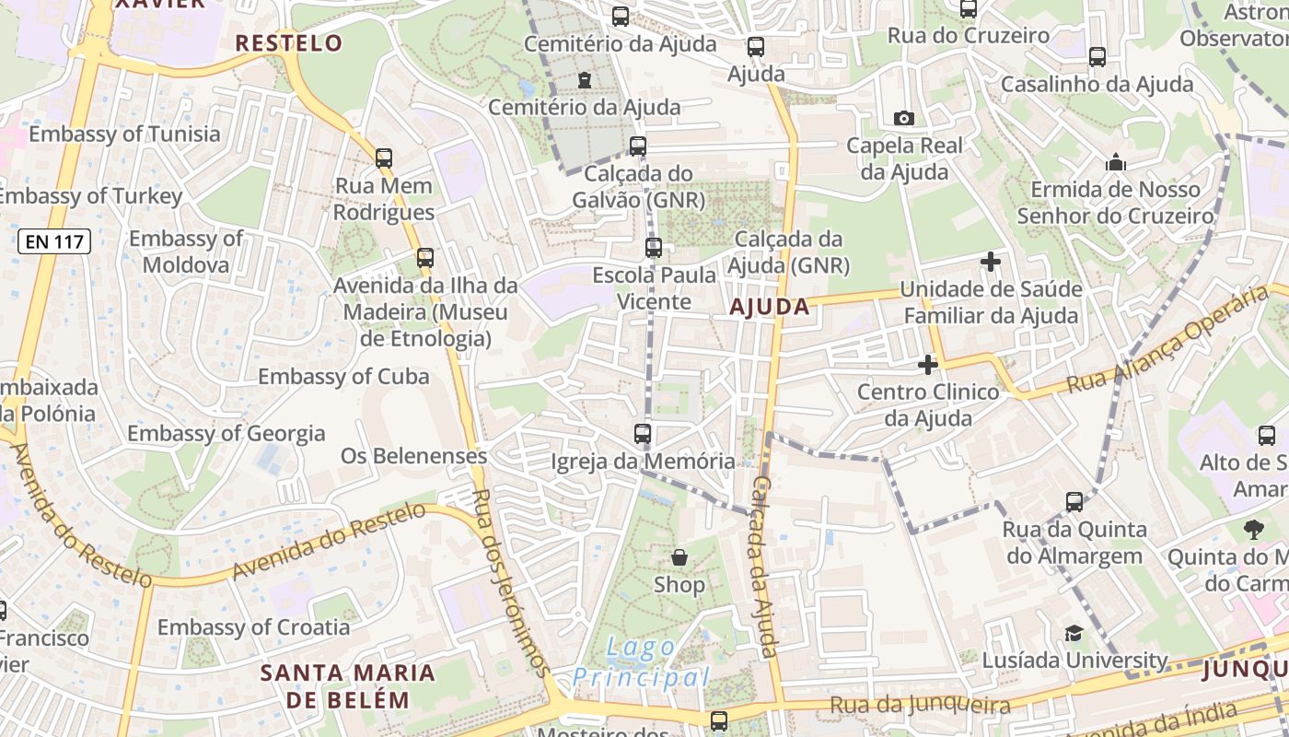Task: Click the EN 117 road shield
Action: (53, 242)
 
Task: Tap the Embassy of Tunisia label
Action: (124, 135)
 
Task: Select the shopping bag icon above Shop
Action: (679, 557)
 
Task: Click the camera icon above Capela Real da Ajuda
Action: (904, 118)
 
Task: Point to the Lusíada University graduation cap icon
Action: (1074, 633)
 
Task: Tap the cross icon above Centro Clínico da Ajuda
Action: (928, 365)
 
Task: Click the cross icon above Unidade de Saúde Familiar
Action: (991, 262)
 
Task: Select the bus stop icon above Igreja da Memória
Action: (643, 433)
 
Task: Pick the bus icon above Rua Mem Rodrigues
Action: (384, 158)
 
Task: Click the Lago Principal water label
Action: (642, 663)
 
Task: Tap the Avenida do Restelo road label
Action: (329, 542)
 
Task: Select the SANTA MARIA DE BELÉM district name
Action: (347, 685)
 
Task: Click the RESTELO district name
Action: (288, 43)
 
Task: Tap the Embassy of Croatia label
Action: (253, 627)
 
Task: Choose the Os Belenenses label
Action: (413, 456)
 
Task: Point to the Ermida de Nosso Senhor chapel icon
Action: (1116, 163)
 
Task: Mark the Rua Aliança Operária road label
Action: (1167, 339)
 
